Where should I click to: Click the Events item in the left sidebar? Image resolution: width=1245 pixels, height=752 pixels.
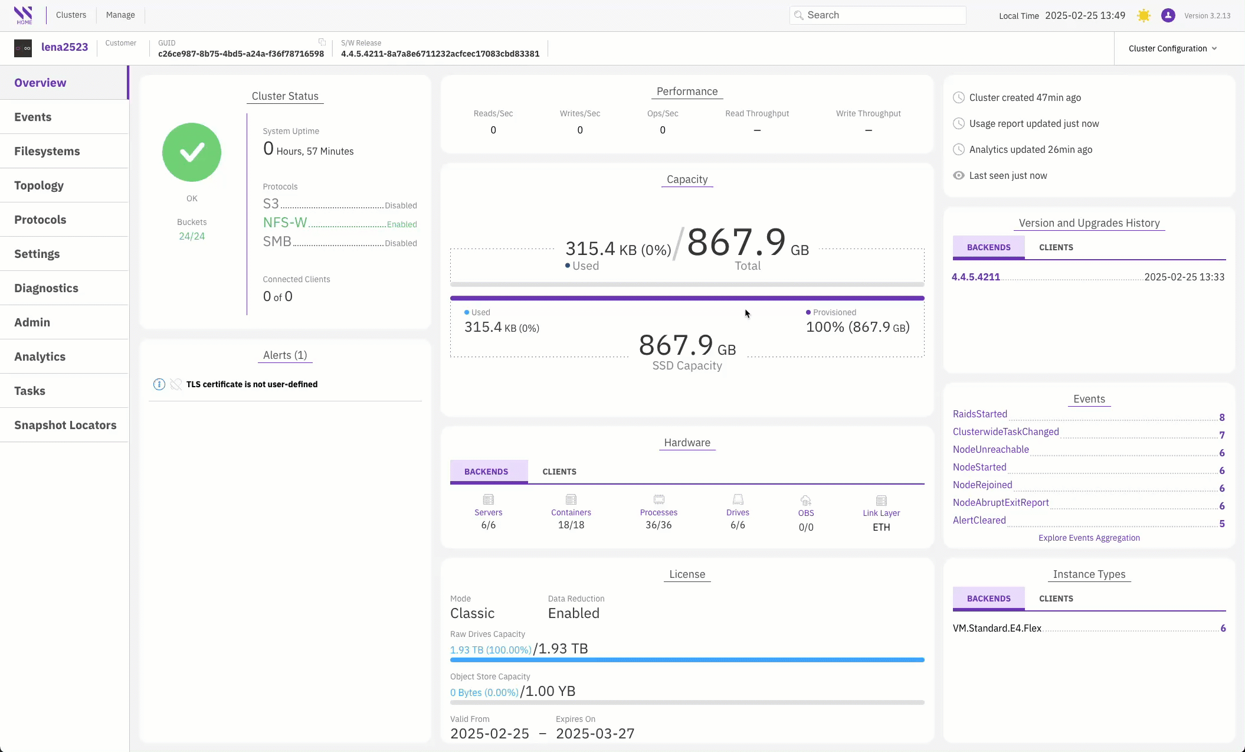coord(33,117)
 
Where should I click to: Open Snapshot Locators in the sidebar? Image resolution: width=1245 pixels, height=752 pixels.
coord(65,425)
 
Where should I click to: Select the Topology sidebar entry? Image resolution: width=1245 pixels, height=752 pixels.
coord(39,185)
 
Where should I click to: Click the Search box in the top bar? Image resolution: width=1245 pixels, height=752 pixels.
coord(877,15)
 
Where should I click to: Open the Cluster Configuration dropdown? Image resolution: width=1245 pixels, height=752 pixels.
coord(1172,48)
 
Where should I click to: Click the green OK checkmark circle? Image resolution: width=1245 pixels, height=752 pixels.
coord(192,152)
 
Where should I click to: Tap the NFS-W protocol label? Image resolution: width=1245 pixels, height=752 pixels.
coord(285,223)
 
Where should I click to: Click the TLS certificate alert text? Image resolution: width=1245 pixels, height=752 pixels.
coord(252,384)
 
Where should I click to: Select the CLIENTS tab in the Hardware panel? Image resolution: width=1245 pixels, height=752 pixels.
coord(559,472)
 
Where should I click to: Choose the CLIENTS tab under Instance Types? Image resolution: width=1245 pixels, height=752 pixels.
coord(1056,599)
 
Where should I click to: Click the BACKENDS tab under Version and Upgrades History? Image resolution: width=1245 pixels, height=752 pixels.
coord(989,247)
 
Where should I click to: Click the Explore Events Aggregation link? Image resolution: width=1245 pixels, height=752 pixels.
coord(1089,538)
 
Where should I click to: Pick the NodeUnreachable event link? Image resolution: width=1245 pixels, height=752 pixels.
coord(991,449)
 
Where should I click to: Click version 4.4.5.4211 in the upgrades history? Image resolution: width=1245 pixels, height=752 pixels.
coord(976,277)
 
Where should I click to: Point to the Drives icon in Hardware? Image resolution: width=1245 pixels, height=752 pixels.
coord(738,499)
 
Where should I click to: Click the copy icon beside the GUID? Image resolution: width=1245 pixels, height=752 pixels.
coord(322,42)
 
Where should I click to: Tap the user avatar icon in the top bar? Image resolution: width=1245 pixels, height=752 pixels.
coord(1168,15)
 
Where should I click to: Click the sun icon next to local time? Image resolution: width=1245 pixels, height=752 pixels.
coord(1144,15)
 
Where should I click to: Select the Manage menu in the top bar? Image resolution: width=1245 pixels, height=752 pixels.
coord(120,15)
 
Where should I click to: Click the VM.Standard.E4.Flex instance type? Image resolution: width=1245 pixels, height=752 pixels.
coord(997,628)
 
